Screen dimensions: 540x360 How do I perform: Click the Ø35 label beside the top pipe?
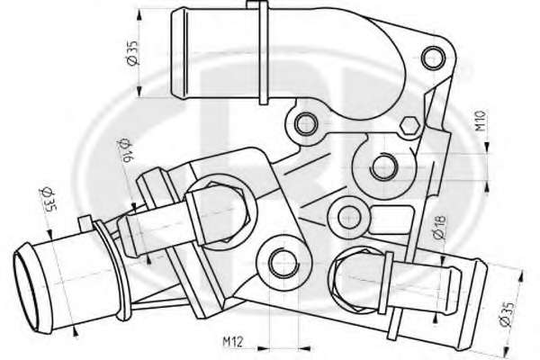point(132,53)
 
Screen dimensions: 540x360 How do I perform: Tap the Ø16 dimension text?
point(125,150)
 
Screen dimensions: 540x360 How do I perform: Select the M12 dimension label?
point(233,341)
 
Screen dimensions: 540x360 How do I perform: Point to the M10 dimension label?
point(481,121)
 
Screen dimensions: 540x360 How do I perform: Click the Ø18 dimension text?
point(440,228)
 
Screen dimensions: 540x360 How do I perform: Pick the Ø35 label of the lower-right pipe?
point(507,315)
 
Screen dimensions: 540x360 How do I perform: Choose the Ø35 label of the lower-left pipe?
point(48,199)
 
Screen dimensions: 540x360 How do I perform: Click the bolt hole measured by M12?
point(283,264)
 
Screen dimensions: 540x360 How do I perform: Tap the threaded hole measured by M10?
point(382,166)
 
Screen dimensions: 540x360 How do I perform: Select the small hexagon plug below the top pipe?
point(409,125)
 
